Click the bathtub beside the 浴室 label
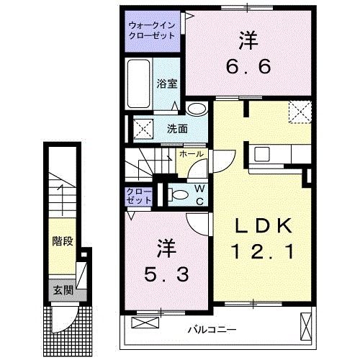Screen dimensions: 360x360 point(140,84)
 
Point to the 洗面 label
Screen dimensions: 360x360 point(177,130)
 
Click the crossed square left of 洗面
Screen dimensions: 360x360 point(143,129)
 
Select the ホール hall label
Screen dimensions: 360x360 point(191,153)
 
